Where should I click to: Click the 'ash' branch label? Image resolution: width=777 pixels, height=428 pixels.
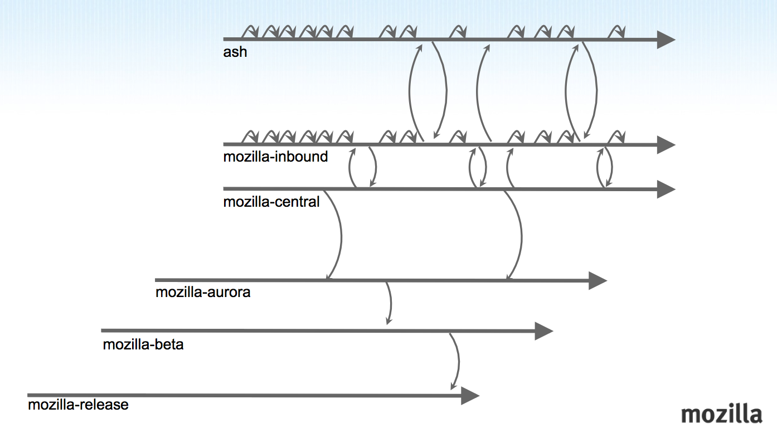point(235,52)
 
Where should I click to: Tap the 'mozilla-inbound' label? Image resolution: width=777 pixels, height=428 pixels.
point(275,157)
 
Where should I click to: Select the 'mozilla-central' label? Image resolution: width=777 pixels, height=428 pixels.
point(271,201)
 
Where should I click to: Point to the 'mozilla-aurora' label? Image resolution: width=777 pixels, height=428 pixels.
point(203,292)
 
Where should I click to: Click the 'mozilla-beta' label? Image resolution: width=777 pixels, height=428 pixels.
point(143,344)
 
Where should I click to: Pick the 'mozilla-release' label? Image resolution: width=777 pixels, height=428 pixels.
point(78,405)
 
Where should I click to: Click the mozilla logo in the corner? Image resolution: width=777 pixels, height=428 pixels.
point(721,414)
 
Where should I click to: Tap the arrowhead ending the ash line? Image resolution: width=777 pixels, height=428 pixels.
point(666,40)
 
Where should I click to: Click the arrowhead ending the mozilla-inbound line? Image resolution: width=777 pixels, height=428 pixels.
point(666,145)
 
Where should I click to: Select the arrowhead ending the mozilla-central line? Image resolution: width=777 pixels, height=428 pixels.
point(666,189)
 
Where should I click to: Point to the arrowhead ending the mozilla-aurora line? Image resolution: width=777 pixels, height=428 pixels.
point(597,280)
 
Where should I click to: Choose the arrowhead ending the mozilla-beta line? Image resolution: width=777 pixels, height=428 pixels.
point(543,332)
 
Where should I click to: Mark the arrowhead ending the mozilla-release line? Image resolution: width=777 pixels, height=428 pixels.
point(470,396)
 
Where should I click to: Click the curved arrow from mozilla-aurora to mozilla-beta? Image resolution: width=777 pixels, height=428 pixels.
point(390,303)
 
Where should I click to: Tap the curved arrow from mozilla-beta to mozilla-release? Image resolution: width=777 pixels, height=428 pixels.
point(458,361)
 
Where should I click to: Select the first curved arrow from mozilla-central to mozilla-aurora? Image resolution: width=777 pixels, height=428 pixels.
point(339,234)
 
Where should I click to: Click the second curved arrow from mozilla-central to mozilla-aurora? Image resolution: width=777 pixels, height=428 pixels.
point(520,234)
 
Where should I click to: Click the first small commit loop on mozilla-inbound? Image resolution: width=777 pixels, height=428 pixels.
point(251,137)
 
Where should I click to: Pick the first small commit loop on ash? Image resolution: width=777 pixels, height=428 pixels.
point(251,32)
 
